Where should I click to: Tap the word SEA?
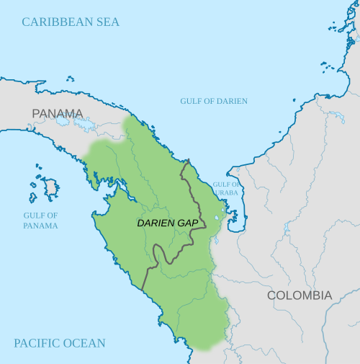point(107,22)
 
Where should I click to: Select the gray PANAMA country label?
point(58,113)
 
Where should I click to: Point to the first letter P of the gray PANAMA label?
point(36,113)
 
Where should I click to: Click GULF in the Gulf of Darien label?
point(191,101)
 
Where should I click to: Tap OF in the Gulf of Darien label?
point(209,101)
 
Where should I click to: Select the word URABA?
point(227,193)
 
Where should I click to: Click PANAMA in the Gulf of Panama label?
point(40,226)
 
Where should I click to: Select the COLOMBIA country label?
point(300,296)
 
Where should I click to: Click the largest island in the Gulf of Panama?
point(51,189)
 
